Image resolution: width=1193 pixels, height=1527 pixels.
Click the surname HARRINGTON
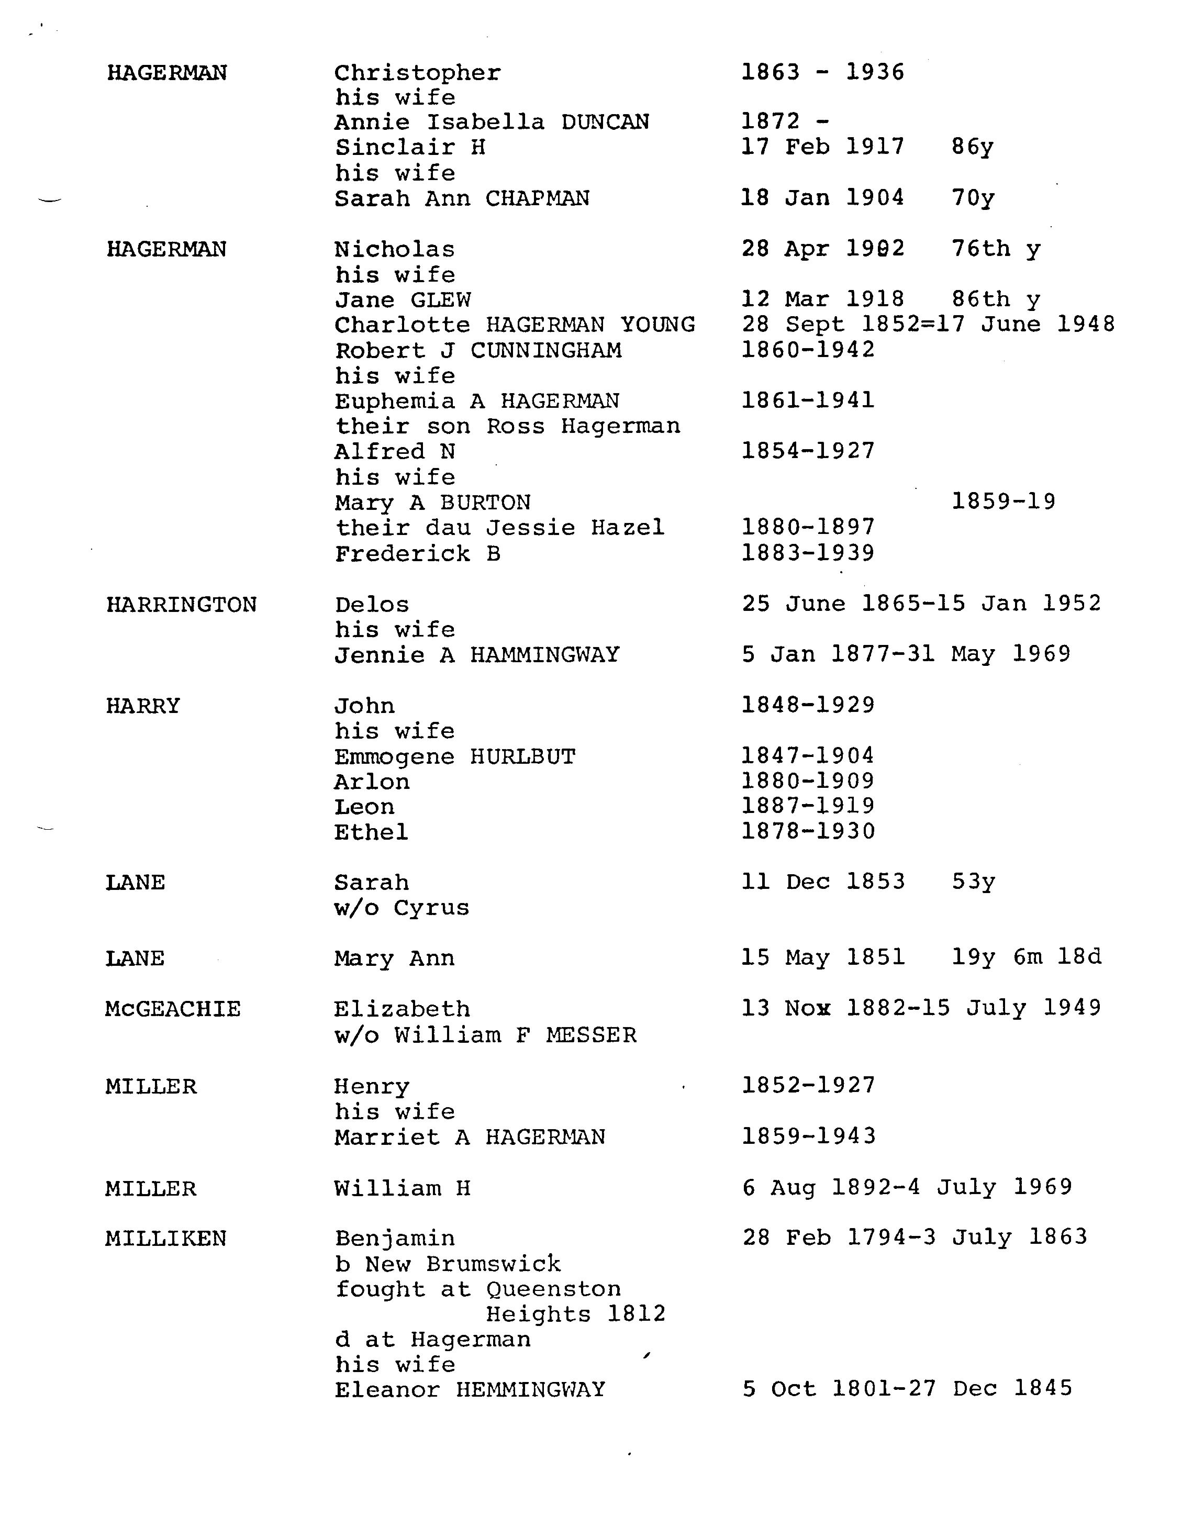(181, 605)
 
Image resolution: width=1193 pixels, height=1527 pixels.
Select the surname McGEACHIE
(173, 1009)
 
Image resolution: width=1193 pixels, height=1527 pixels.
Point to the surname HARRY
(143, 706)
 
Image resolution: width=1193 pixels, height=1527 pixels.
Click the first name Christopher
(418, 73)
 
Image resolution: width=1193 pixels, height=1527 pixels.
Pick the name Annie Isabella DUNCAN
(492, 122)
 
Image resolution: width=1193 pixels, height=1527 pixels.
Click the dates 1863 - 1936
(822, 72)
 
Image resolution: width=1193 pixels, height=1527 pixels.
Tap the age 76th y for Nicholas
(996, 249)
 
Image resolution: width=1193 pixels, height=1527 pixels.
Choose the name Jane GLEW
(403, 300)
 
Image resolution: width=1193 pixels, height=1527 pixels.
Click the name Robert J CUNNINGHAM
(477, 350)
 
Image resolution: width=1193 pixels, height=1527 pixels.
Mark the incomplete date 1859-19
(1003, 501)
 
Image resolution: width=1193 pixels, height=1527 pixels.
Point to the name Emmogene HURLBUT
(454, 756)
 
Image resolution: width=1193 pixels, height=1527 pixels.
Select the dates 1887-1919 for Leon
(808, 806)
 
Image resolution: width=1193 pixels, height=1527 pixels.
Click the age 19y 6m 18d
(1026, 956)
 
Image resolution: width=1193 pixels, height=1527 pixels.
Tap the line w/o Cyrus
(402, 908)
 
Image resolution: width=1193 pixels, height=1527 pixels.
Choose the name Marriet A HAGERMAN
(469, 1137)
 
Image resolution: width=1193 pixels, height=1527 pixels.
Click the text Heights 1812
(575, 1314)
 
